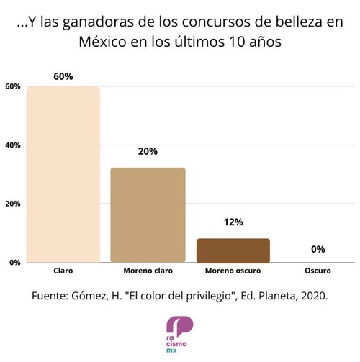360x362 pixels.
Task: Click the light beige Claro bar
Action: click(x=63, y=174)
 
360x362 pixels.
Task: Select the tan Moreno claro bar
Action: click(x=148, y=215)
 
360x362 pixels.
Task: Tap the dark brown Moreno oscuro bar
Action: click(x=233, y=250)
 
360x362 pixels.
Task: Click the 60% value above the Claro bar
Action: click(x=63, y=76)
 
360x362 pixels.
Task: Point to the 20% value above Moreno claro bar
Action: click(x=148, y=151)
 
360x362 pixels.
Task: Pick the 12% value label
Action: click(x=233, y=222)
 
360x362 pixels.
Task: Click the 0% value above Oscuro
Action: click(x=318, y=249)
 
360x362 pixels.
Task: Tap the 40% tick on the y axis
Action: click(x=13, y=145)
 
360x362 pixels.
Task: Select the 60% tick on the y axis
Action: click(x=13, y=86)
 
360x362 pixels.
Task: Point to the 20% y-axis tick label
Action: click(x=13, y=204)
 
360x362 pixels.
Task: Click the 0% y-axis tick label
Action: click(x=15, y=263)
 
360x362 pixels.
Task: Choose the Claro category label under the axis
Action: click(x=63, y=271)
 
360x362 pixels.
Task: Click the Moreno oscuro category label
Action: click(x=233, y=271)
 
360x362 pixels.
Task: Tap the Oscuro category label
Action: click(x=318, y=271)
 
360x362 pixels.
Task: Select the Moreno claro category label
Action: click(x=148, y=271)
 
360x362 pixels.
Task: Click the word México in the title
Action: click(x=102, y=41)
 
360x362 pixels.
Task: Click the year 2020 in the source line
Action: click(x=315, y=296)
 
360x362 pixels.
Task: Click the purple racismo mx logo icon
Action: click(x=179, y=327)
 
